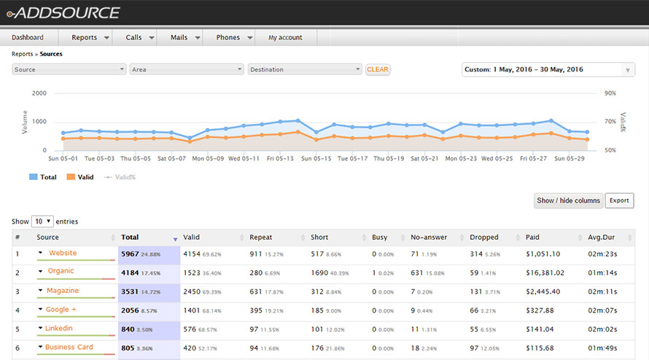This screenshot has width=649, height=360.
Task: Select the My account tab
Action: point(284,37)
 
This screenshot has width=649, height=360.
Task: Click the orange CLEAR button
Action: point(378,69)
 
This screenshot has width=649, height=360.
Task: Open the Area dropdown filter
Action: point(187,70)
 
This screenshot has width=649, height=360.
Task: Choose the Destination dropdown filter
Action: point(305,70)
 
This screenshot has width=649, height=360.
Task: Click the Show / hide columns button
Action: point(569,200)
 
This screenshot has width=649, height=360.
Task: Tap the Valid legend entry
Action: point(80,177)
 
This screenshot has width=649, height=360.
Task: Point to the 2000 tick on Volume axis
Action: point(39,93)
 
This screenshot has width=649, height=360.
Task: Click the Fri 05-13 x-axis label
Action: point(280,158)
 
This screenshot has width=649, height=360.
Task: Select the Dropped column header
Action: point(484,238)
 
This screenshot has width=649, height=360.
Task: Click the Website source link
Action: point(63,253)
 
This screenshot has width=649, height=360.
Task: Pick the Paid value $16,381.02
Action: point(545,273)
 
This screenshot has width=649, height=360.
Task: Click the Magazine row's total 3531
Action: point(131,291)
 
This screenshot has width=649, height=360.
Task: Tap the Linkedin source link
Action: point(59,329)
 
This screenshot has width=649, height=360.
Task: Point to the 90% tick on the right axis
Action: point(610,93)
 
